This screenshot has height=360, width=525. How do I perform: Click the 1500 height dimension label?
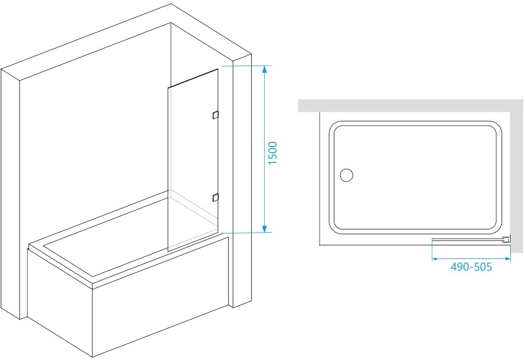[273, 153]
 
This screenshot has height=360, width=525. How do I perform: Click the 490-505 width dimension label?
[471, 267]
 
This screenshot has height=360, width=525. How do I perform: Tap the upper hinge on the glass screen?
[215, 115]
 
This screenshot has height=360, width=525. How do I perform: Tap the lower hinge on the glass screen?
[215, 197]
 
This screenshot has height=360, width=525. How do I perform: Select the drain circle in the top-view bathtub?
[346, 175]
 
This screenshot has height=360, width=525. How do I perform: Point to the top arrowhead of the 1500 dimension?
[265, 70]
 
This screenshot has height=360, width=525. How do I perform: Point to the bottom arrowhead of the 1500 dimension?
[265, 229]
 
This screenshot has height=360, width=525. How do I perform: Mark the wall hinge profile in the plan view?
[506, 240]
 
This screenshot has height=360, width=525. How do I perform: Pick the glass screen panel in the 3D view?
[193, 160]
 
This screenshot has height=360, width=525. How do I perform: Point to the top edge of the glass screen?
[193, 78]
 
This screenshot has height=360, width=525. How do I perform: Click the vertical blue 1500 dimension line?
[265, 149]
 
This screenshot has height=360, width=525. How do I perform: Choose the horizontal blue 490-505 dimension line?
[471, 259]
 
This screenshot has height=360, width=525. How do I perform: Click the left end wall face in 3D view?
[10, 193]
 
